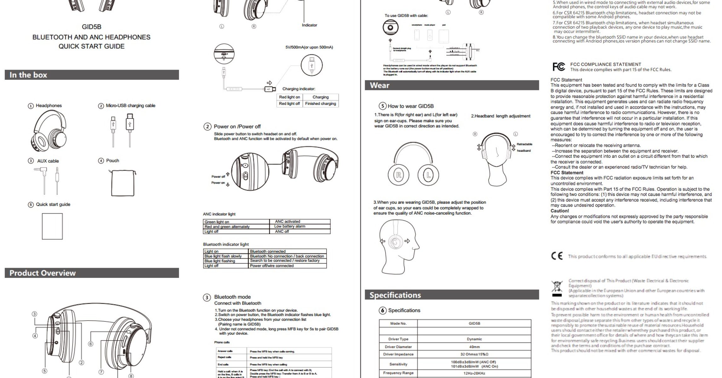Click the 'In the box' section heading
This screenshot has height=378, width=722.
[28, 75]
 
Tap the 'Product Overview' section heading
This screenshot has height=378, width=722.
[43, 273]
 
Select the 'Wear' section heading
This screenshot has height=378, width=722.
[380, 85]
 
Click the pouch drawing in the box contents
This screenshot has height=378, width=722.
[123, 183]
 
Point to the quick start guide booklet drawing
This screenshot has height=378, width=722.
[52, 226]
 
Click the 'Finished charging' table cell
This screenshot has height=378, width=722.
[320, 104]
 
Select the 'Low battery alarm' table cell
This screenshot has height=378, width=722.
[289, 226]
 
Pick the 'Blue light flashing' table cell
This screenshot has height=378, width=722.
[220, 261]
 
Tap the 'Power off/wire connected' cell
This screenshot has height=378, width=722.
[272, 266]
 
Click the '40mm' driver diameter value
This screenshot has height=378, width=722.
[474, 347]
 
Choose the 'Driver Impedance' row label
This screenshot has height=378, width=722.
[398, 354]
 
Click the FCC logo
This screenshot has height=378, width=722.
[559, 67]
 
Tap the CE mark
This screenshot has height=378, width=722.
[557, 256]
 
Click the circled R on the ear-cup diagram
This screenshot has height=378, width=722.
[398, 175]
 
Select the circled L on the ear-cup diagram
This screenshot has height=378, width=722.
[428, 175]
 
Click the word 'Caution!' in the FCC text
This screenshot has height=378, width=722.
[559, 211]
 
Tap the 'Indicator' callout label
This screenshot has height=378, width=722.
[309, 25]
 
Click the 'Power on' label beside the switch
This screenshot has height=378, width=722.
[218, 183]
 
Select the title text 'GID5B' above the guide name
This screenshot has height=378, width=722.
[91, 27]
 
